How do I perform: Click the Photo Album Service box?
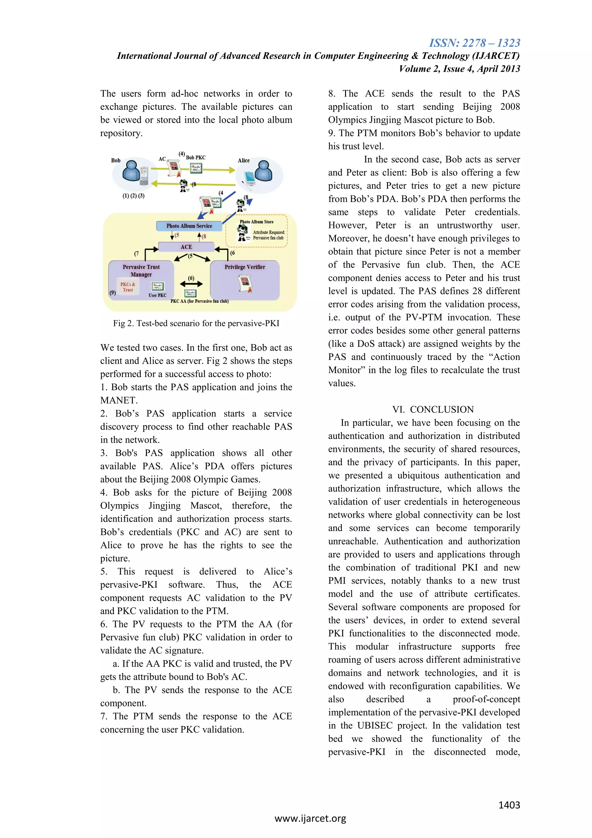click(189, 226)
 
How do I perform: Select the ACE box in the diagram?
click(186, 247)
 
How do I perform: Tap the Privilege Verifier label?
click(245, 267)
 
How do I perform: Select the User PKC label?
click(157, 295)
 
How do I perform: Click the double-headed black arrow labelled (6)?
click(191, 284)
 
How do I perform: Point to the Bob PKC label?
click(196, 158)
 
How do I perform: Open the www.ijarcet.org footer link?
click(310, 818)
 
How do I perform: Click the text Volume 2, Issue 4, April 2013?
click(459, 69)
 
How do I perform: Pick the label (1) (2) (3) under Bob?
click(134, 196)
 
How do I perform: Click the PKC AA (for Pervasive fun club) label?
click(199, 301)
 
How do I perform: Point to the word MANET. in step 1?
click(119, 400)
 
